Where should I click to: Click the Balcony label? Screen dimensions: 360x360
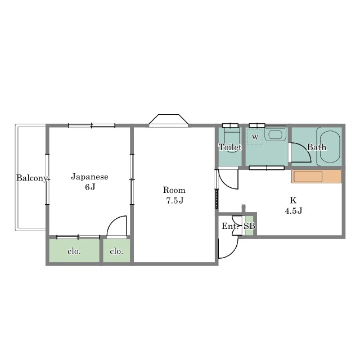[31, 178]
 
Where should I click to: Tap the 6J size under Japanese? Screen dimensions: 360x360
[90, 187]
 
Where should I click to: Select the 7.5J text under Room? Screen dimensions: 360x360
[175, 201]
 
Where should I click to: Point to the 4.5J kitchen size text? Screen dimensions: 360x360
[294, 210]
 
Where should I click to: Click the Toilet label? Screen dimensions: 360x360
[230, 147]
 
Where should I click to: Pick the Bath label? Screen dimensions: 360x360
[317, 147]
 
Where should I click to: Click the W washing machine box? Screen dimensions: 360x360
[255, 137]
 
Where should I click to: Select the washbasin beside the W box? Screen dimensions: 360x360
[275, 134]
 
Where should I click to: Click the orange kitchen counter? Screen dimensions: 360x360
[317, 176]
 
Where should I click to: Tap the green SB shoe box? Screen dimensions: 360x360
[249, 226]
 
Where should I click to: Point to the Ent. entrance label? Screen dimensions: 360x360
[230, 226]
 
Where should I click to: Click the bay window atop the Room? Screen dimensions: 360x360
[169, 120]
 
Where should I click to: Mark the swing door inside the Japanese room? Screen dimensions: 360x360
[116, 226]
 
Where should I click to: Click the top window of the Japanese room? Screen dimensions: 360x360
[92, 125]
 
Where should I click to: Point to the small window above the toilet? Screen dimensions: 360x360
[230, 125]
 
